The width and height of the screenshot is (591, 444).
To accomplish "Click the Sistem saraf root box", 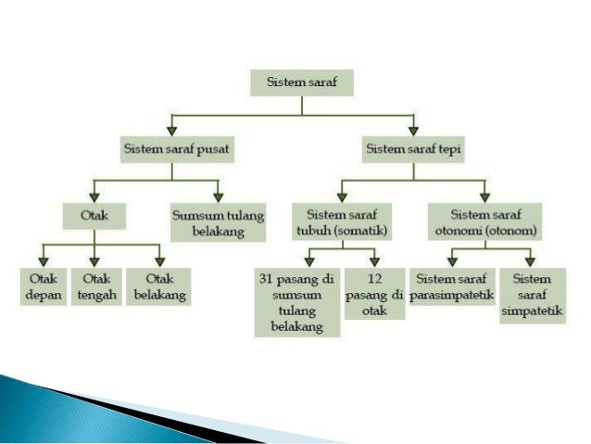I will pyautogui.click(x=301, y=82).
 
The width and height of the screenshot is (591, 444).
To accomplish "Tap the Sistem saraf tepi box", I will pyautogui.click(x=413, y=147).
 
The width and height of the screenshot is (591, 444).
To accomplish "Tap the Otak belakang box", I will pyautogui.click(x=158, y=288).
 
